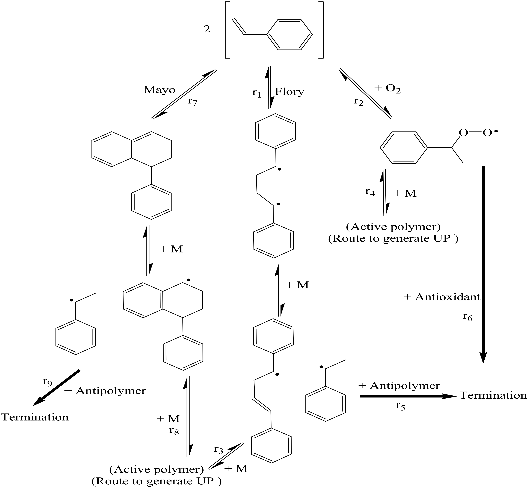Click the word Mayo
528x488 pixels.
click(x=159, y=90)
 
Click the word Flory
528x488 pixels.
click(x=290, y=92)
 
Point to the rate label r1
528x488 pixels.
click(x=256, y=93)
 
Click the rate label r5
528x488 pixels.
click(x=400, y=406)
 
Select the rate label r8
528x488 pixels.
click(x=174, y=431)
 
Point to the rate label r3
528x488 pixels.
click(x=219, y=449)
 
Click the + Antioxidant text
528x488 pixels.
click(x=442, y=297)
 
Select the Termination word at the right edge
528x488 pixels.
click(x=493, y=395)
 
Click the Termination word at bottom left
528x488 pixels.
click(x=35, y=417)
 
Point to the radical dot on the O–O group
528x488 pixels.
click(x=496, y=131)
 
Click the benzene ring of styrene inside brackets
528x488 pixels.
click(x=290, y=34)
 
